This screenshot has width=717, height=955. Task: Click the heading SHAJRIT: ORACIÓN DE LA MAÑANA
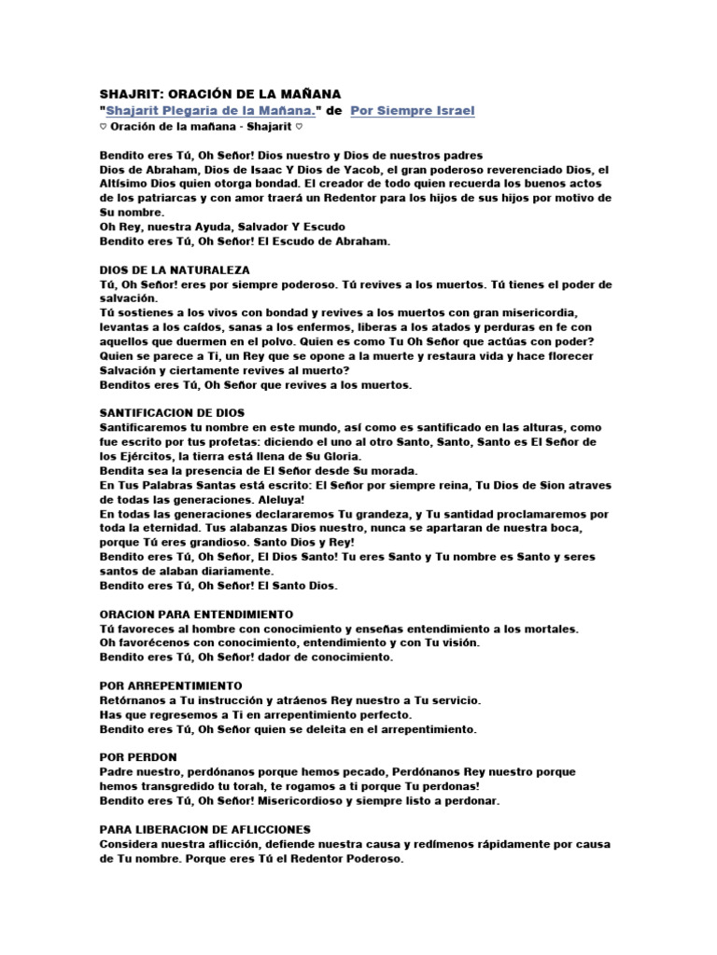coord(220,94)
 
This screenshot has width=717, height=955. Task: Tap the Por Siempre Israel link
coord(413,111)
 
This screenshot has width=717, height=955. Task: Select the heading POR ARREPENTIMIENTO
coord(171,685)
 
